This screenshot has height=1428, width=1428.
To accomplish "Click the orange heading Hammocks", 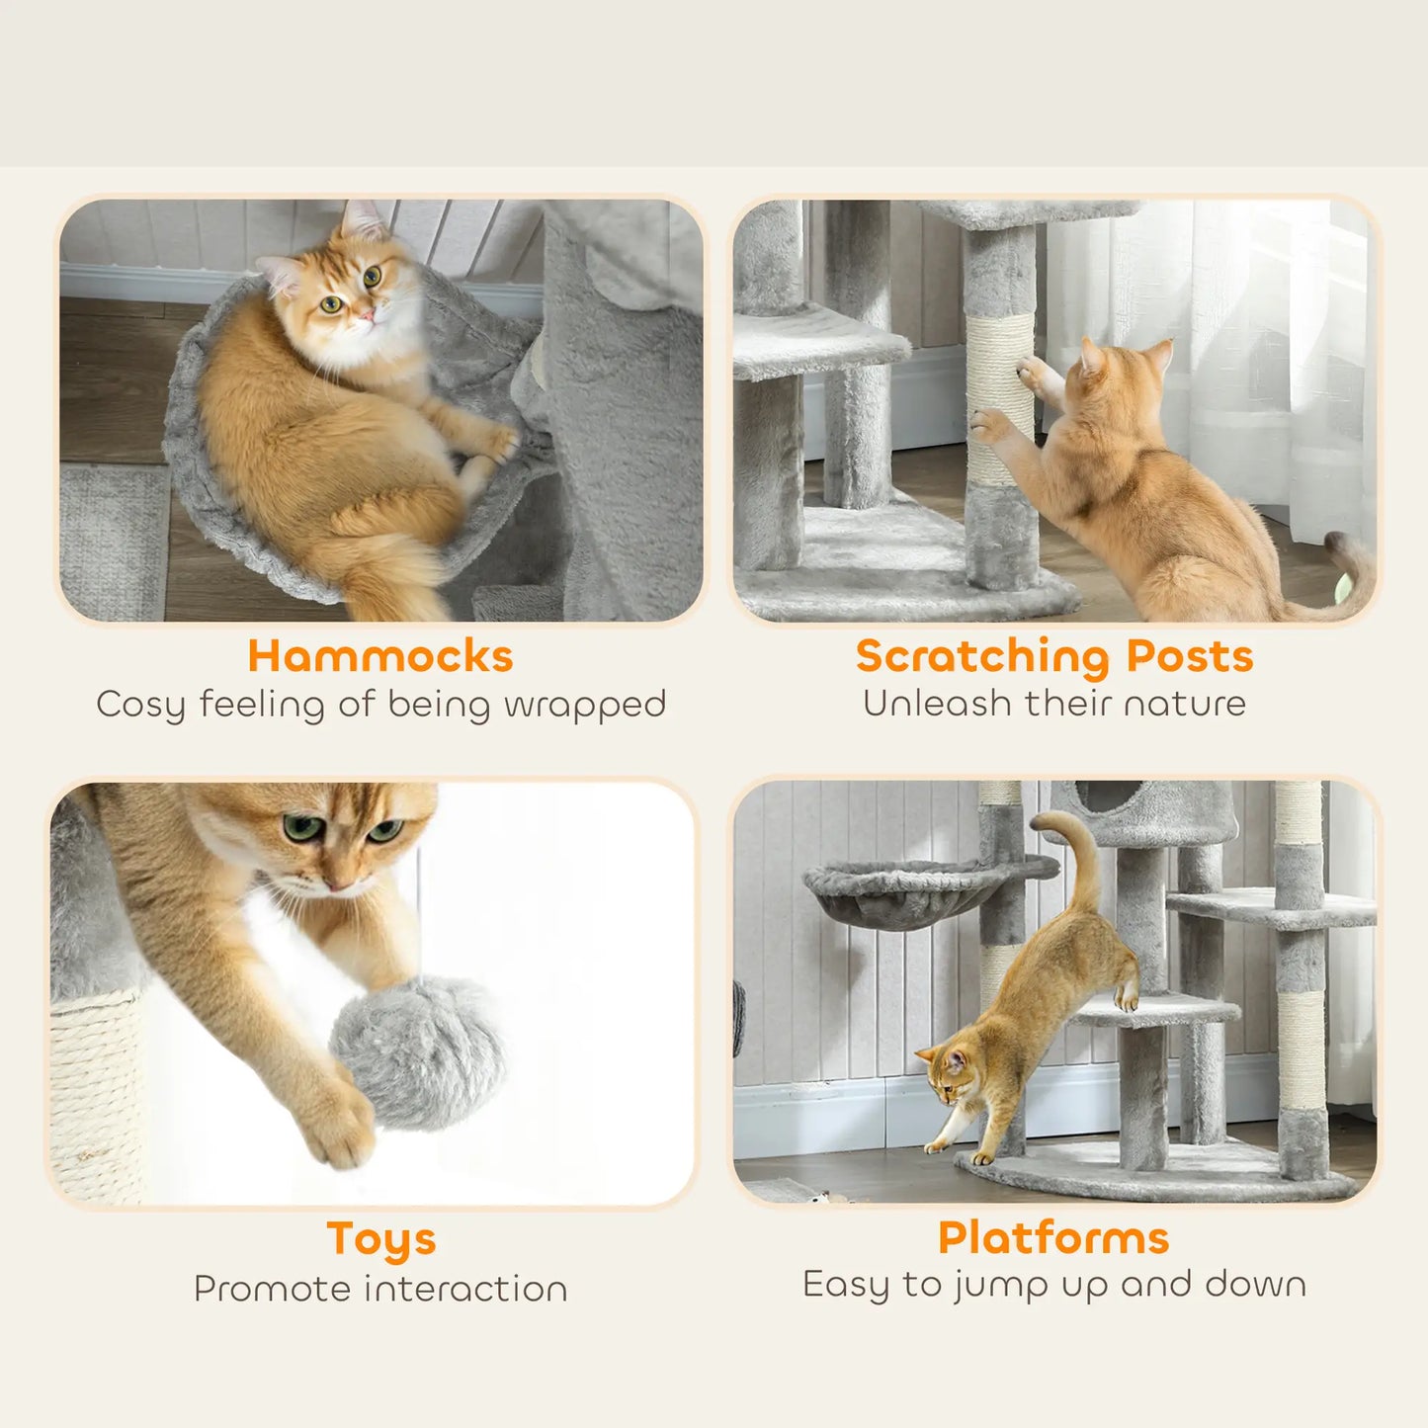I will (380, 656).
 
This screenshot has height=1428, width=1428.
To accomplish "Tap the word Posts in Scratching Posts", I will (1190, 656).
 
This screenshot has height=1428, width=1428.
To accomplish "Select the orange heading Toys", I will (380, 1239).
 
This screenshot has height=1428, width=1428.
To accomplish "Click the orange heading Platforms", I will (1053, 1238).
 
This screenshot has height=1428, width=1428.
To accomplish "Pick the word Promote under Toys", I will (273, 1289).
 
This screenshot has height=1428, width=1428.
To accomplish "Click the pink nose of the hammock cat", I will (367, 314).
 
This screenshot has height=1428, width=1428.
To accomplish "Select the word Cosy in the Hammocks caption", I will (140, 705).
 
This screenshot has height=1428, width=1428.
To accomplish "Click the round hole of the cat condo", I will (1107, 794).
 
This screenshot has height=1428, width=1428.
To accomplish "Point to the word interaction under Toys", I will (466, 1289).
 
